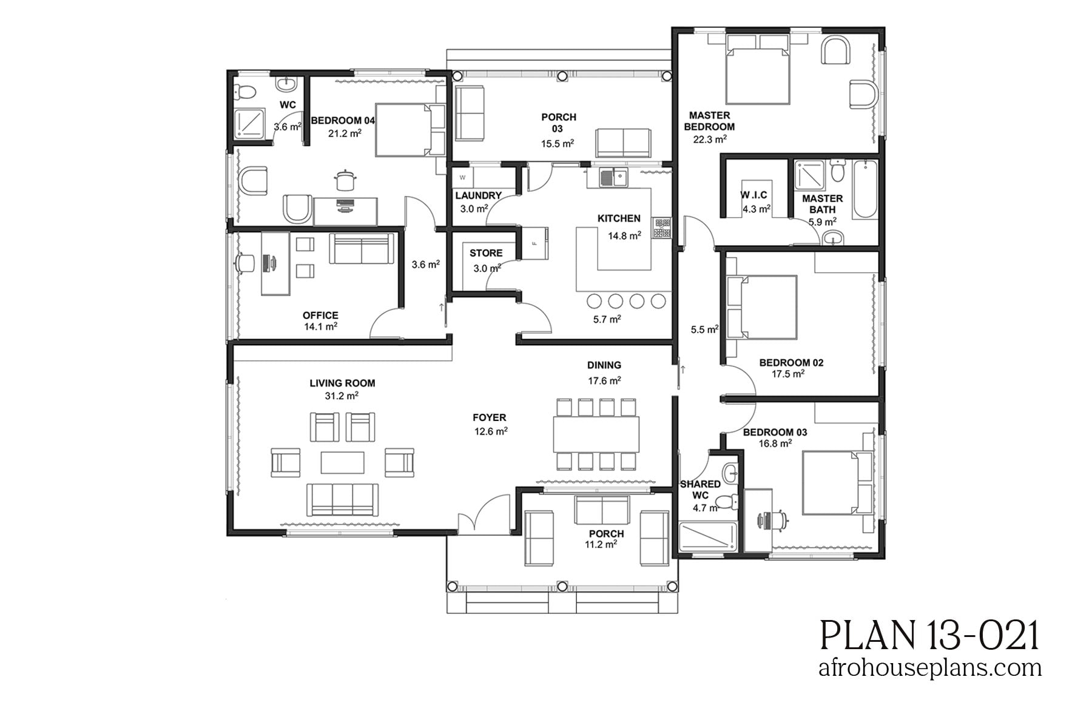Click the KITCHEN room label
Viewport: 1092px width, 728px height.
coord(618,218)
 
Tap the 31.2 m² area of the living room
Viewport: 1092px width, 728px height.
coord(341,396)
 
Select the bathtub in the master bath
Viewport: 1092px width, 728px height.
coord(864,190)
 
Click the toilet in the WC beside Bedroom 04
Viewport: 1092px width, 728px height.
coord(246,92)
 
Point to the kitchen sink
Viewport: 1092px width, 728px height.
coord(613,178)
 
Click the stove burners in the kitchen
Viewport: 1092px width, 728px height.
coord(661,227)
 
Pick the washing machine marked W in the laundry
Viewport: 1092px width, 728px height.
coord(463,178)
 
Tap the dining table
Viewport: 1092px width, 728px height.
coord(596,434)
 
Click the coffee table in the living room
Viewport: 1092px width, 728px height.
coord(343,462)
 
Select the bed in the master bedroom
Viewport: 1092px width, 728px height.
coord(758,70)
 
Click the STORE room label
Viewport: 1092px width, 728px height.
coord(485,253)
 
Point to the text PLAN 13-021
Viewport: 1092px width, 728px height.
coord(929,636)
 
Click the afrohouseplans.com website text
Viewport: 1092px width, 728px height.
coord(929,668)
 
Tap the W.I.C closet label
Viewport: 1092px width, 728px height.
coord(753,195)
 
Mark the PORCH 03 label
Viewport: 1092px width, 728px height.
coord(558,123)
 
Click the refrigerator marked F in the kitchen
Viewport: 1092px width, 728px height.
coord(535,243)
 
